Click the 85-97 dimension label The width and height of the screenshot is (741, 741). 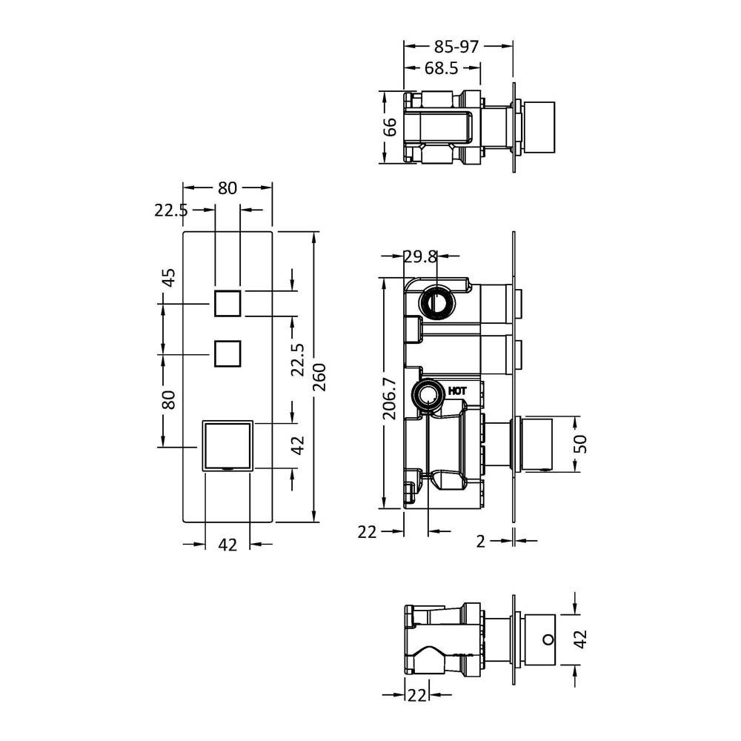click(456, 47)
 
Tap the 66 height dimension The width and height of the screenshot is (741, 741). click(390, 127)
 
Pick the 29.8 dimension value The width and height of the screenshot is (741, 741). click(420, 256)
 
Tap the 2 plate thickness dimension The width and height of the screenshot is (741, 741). click(480, 542)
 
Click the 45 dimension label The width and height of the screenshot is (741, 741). click(169, 277)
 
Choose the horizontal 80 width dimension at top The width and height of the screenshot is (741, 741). click(227, 188)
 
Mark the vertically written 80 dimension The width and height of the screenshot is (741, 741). click(169, 400)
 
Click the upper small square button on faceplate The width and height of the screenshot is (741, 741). click(227, 304)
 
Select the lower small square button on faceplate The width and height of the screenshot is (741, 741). click(227, 353)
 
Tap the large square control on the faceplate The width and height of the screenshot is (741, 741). click(228, 445)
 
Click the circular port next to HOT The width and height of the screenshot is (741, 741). click(428, 396)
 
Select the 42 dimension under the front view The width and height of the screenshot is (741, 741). click(227, 545)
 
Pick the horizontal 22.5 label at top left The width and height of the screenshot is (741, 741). click(171, 210)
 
